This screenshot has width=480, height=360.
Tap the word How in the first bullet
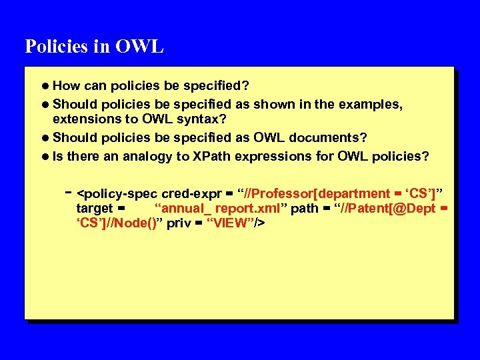tap(66, 86)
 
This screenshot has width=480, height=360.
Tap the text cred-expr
tap(191, 194)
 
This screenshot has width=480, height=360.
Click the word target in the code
tap(95, 209)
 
